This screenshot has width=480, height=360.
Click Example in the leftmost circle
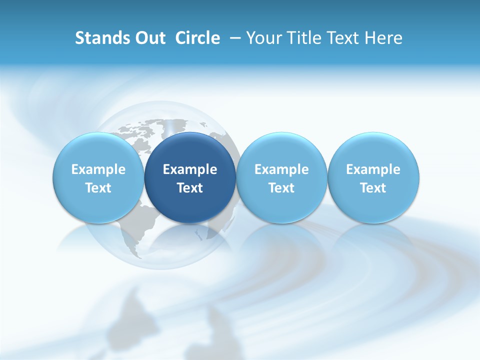pyautogui.click(x=98, y=169)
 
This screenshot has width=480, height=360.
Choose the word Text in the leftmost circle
pyautogui.click(x=98, y=188)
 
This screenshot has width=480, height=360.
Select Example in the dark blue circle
pyautogui.click(x=190, y=169)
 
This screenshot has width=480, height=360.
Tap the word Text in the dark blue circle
pyautogui.click(x=190, y=188)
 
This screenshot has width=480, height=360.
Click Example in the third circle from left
pyautogui.click(x=281, y=169)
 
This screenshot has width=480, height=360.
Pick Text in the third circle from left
pyautogui.click(x=281, y=188)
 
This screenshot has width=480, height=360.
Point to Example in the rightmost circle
pyautogui.click(x=373, y=169)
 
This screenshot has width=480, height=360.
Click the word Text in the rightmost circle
pyautogui.click(x=373, y=188)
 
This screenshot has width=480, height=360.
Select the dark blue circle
pyautogui.click(x=190, y=150)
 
